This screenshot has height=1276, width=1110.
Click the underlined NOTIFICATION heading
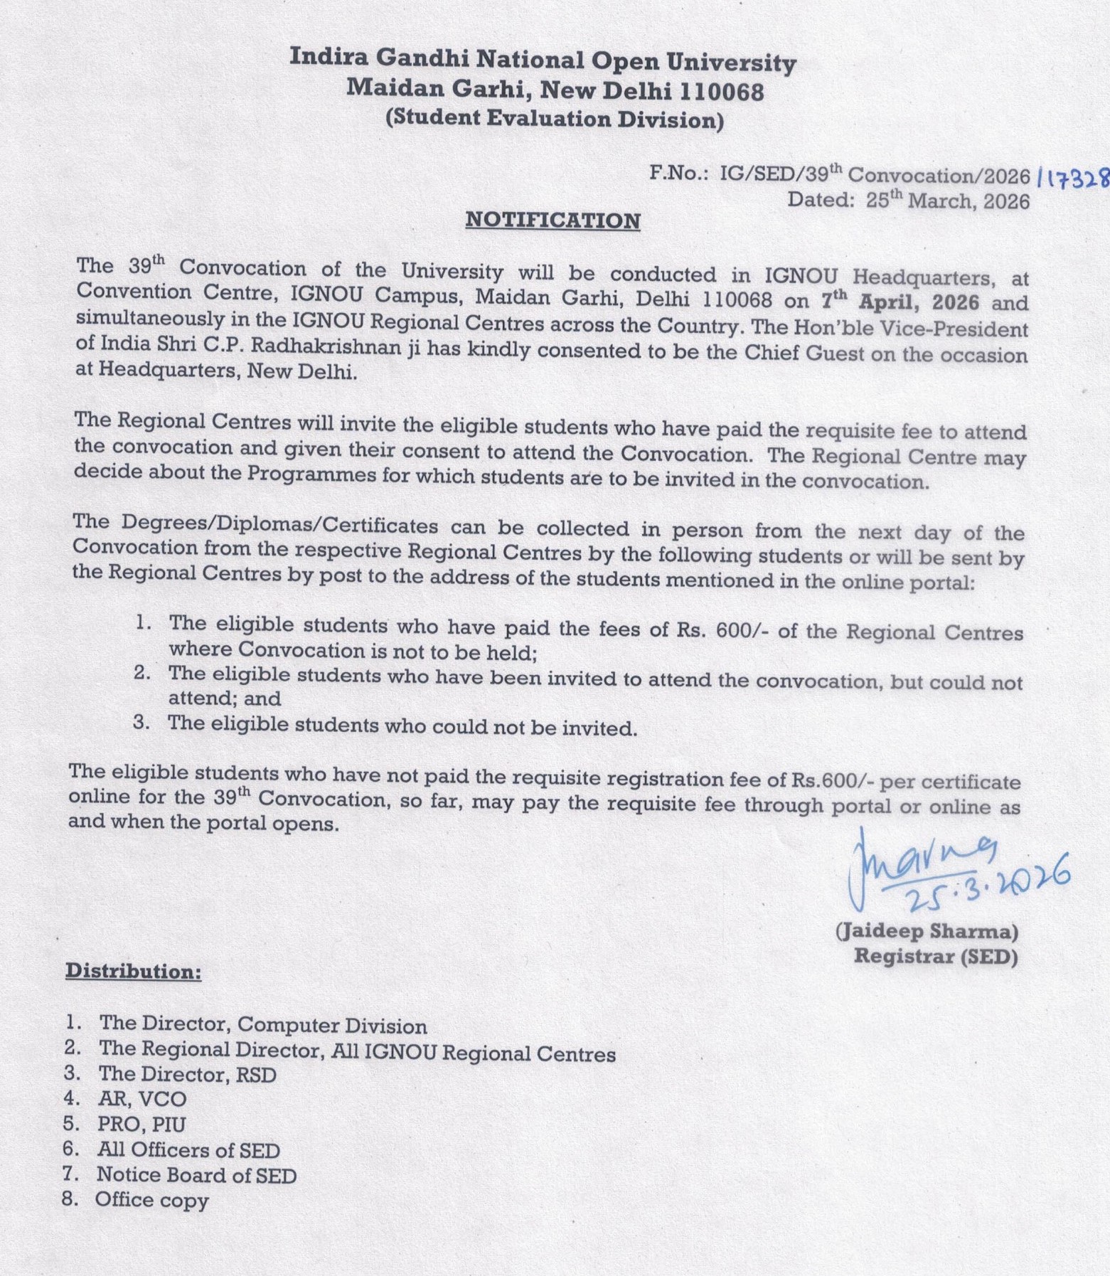pos(553,220)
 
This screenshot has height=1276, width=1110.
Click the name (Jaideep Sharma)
pos(927,930)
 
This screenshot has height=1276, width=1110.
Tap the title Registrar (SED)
pos(935,956)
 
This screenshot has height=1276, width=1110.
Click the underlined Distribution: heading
pos(134,971)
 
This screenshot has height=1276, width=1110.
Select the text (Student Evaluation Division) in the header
pos(554,118)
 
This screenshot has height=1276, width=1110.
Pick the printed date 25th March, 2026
pos(947,201)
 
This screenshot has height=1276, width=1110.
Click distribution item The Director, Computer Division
pos(262,1025)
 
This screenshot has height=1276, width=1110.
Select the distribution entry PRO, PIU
pos(142,1124)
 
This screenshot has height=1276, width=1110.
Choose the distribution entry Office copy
pos(151,1200)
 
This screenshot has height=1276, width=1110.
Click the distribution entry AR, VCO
pos(142,1099)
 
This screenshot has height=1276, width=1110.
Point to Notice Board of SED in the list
pos(196,1175)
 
